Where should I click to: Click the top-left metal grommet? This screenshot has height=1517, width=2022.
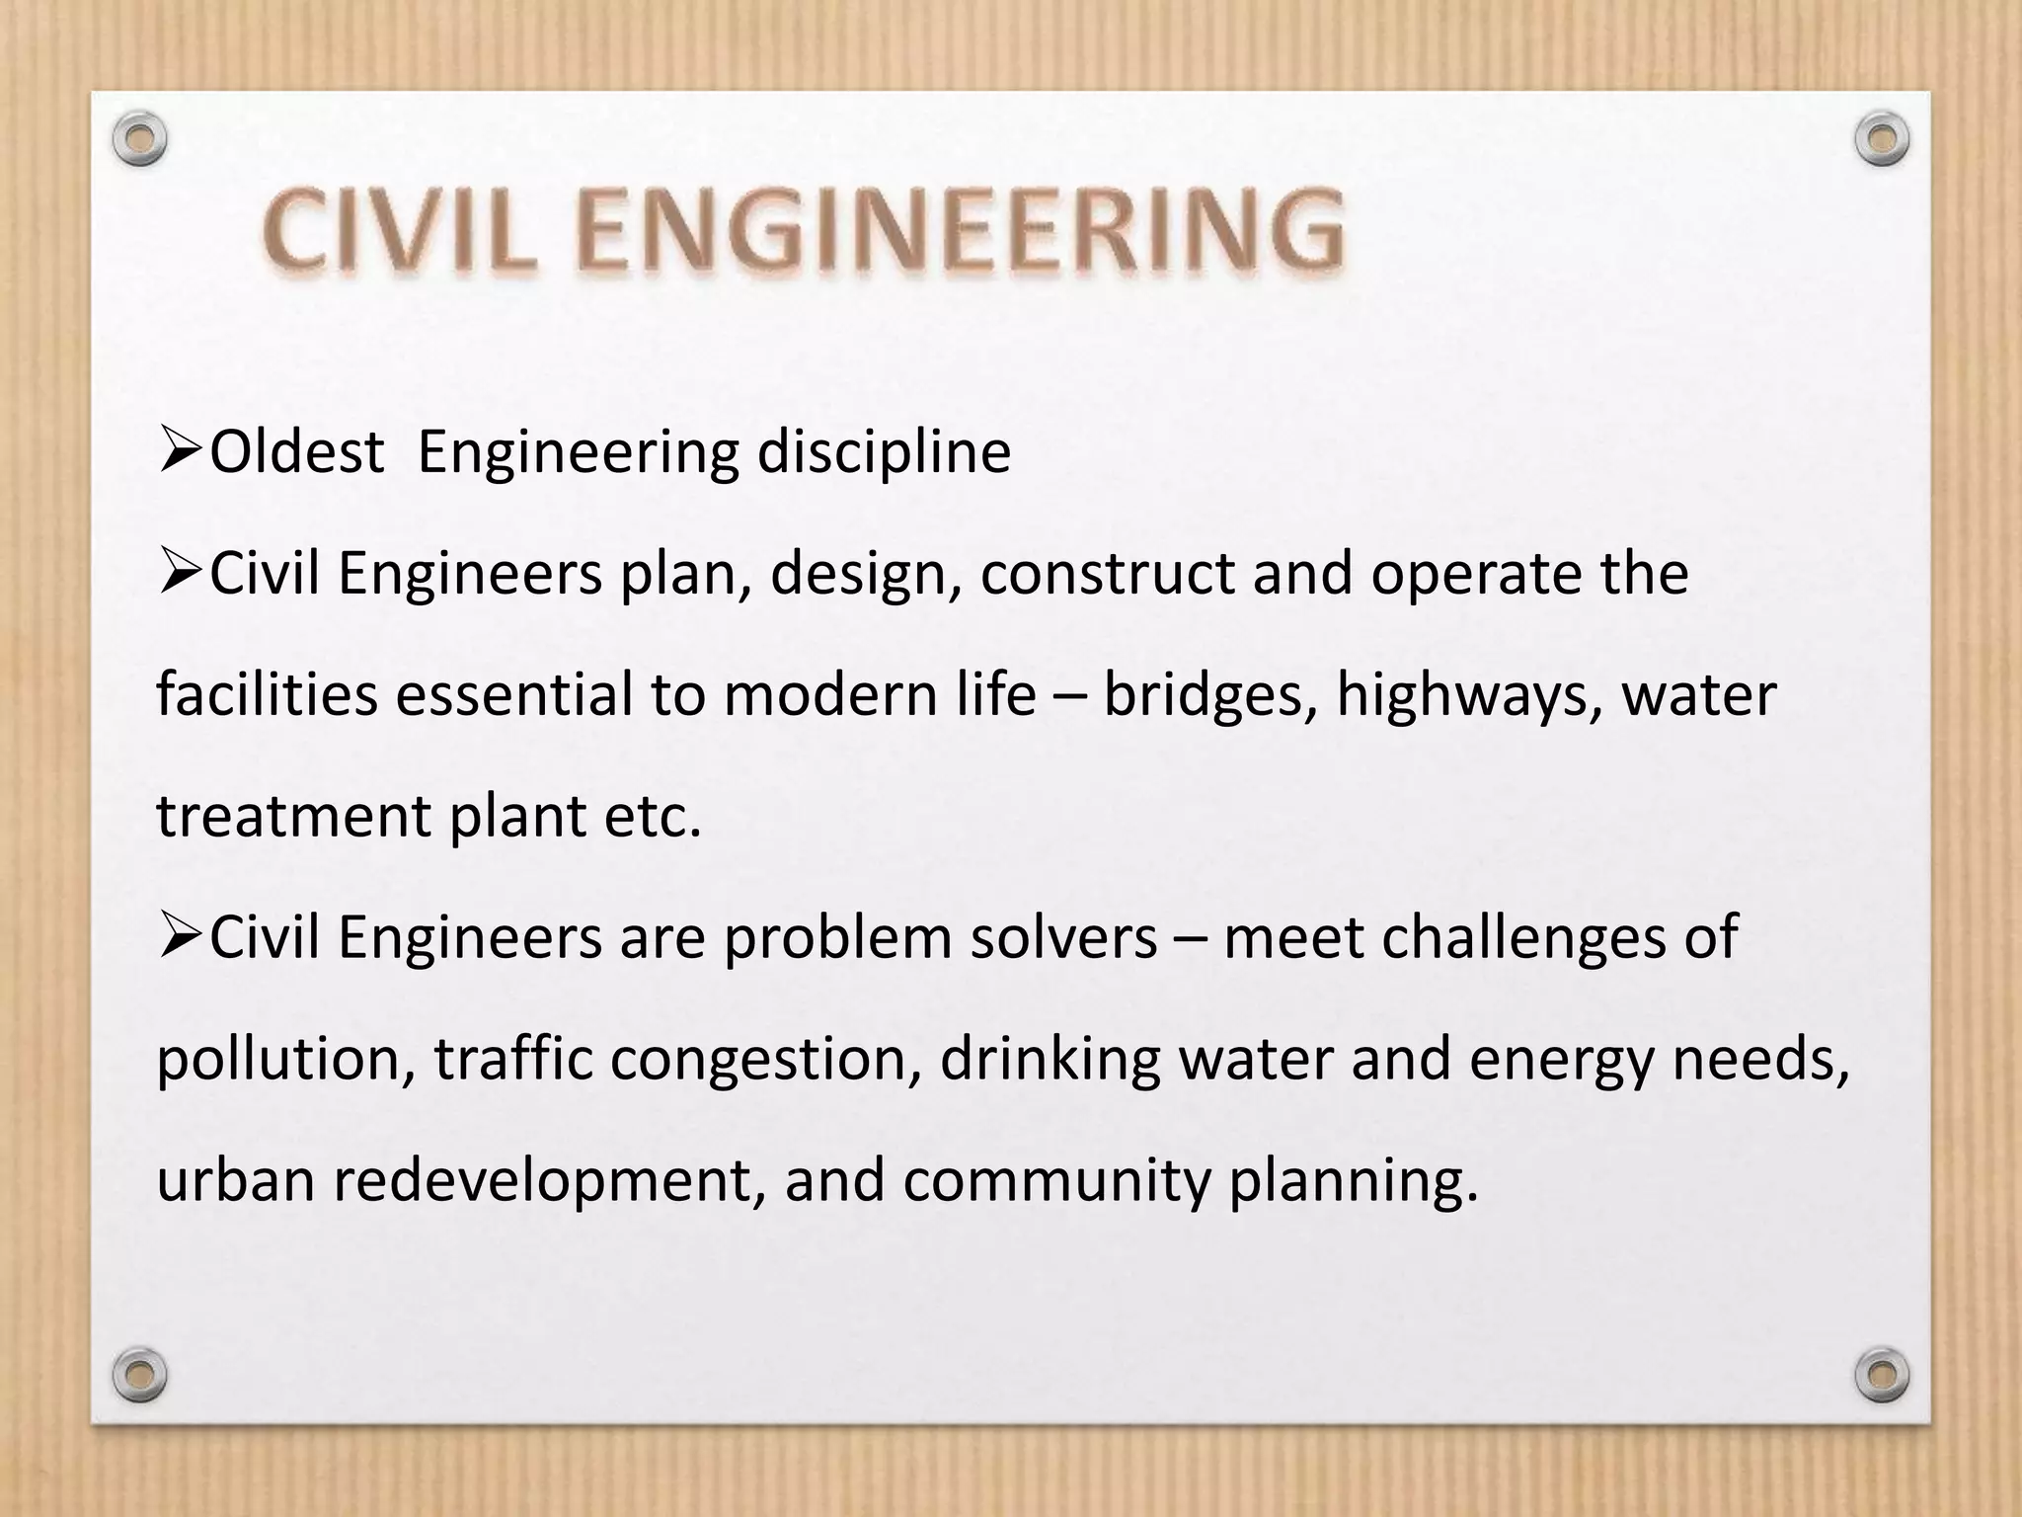click(x=139, y=140)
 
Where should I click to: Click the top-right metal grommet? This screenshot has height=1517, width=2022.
click(x=1881, y=140)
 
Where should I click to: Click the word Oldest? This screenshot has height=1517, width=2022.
click(x=296, y=452)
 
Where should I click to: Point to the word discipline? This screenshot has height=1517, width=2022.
click(x=884, y=452)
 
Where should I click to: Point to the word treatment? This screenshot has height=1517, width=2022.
click(x=293, y=816)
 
